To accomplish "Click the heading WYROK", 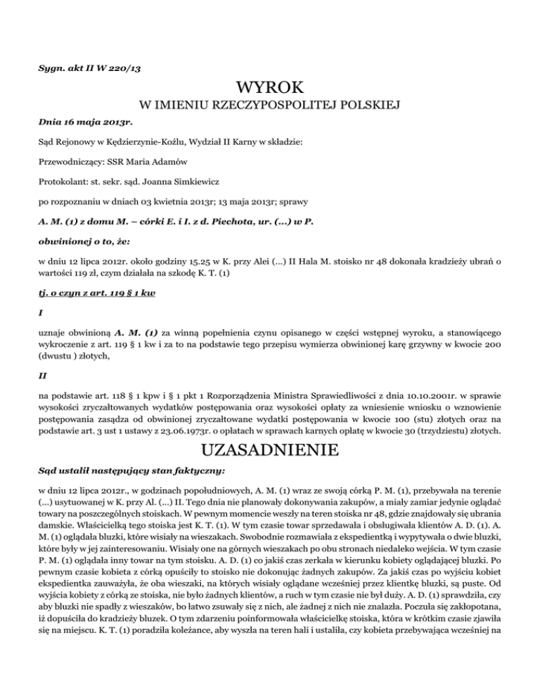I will [270, 89].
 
